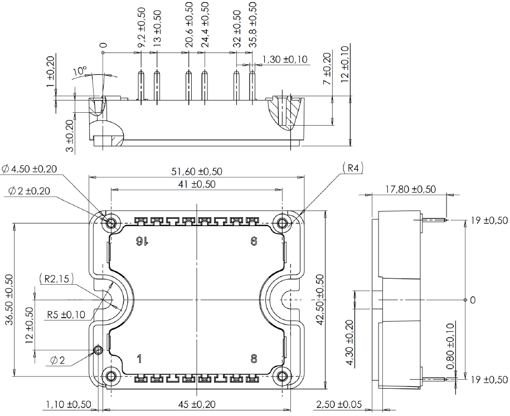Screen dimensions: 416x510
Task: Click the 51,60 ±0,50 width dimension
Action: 197,171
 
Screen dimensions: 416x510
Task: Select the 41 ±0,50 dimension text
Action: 197,184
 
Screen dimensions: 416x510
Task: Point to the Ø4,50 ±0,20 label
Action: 33,169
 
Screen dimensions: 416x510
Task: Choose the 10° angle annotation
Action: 80,72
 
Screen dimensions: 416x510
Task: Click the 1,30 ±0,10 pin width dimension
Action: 284,59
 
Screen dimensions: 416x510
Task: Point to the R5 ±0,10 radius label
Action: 66,314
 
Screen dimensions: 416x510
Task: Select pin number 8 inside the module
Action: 254,358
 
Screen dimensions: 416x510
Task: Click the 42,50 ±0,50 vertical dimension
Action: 319,299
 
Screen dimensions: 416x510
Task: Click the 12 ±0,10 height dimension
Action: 344,64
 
